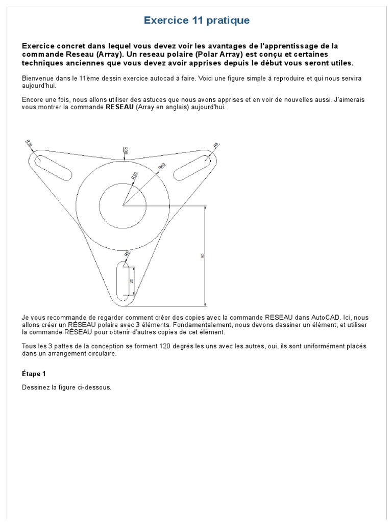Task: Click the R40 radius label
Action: click(x=162, y=166)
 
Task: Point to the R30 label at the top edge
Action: click(x=126, y=150)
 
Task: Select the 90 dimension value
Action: click(x=203, y=256)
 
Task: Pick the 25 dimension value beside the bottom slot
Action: click(x=131, y=281)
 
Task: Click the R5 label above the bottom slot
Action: click(x=127, y=253)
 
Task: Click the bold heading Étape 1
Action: click(x=34, y=374)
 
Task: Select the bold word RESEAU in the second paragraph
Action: click(x=119, y=108)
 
